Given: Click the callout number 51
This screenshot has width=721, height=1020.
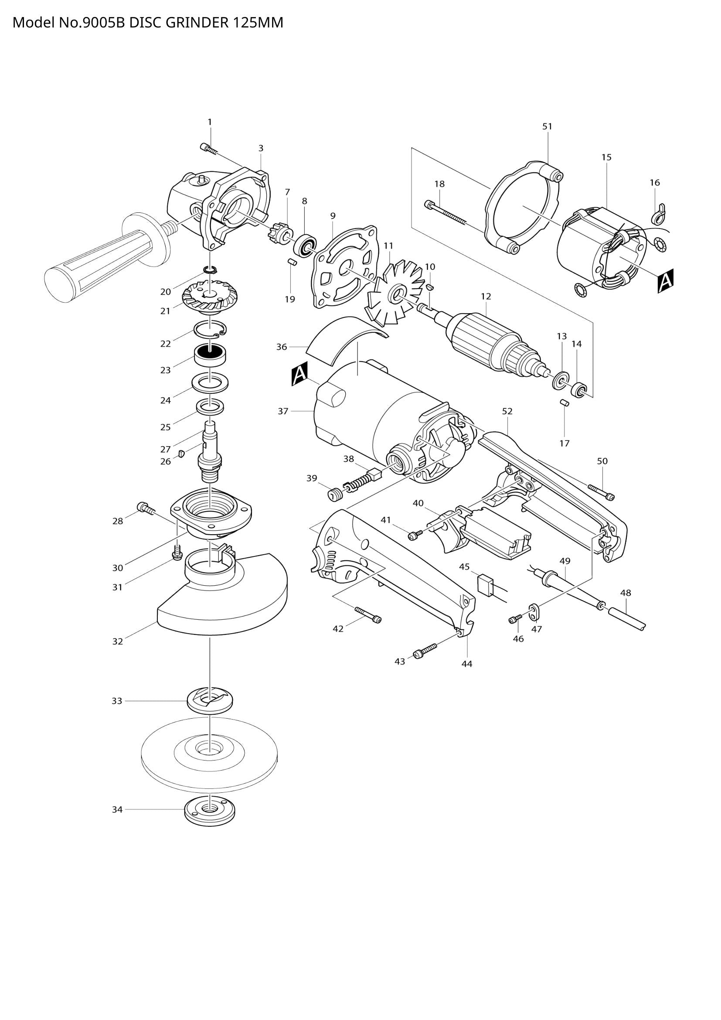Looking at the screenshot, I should point(547,126).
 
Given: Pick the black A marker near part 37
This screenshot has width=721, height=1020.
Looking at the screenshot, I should point(299,373).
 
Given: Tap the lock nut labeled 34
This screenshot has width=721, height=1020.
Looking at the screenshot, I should point(209,812).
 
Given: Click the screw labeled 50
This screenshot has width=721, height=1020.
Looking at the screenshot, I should point(601,492).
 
